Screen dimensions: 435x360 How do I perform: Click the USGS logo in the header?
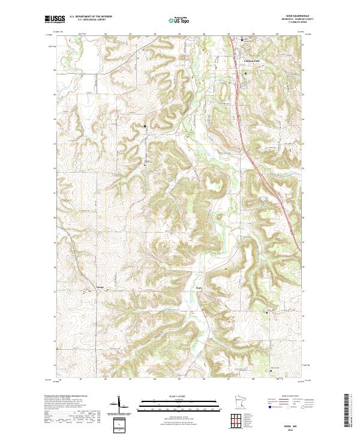tap(55, 19)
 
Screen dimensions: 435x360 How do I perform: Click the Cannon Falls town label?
tap(251, 61)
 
